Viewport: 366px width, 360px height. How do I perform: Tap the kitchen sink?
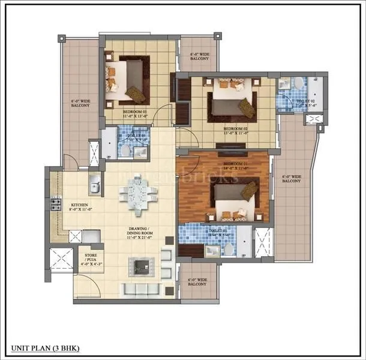tap(94, 186)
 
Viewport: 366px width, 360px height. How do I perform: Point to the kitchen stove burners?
tap(56, 205)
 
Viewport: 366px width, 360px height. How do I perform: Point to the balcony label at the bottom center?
tap(199, 282)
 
